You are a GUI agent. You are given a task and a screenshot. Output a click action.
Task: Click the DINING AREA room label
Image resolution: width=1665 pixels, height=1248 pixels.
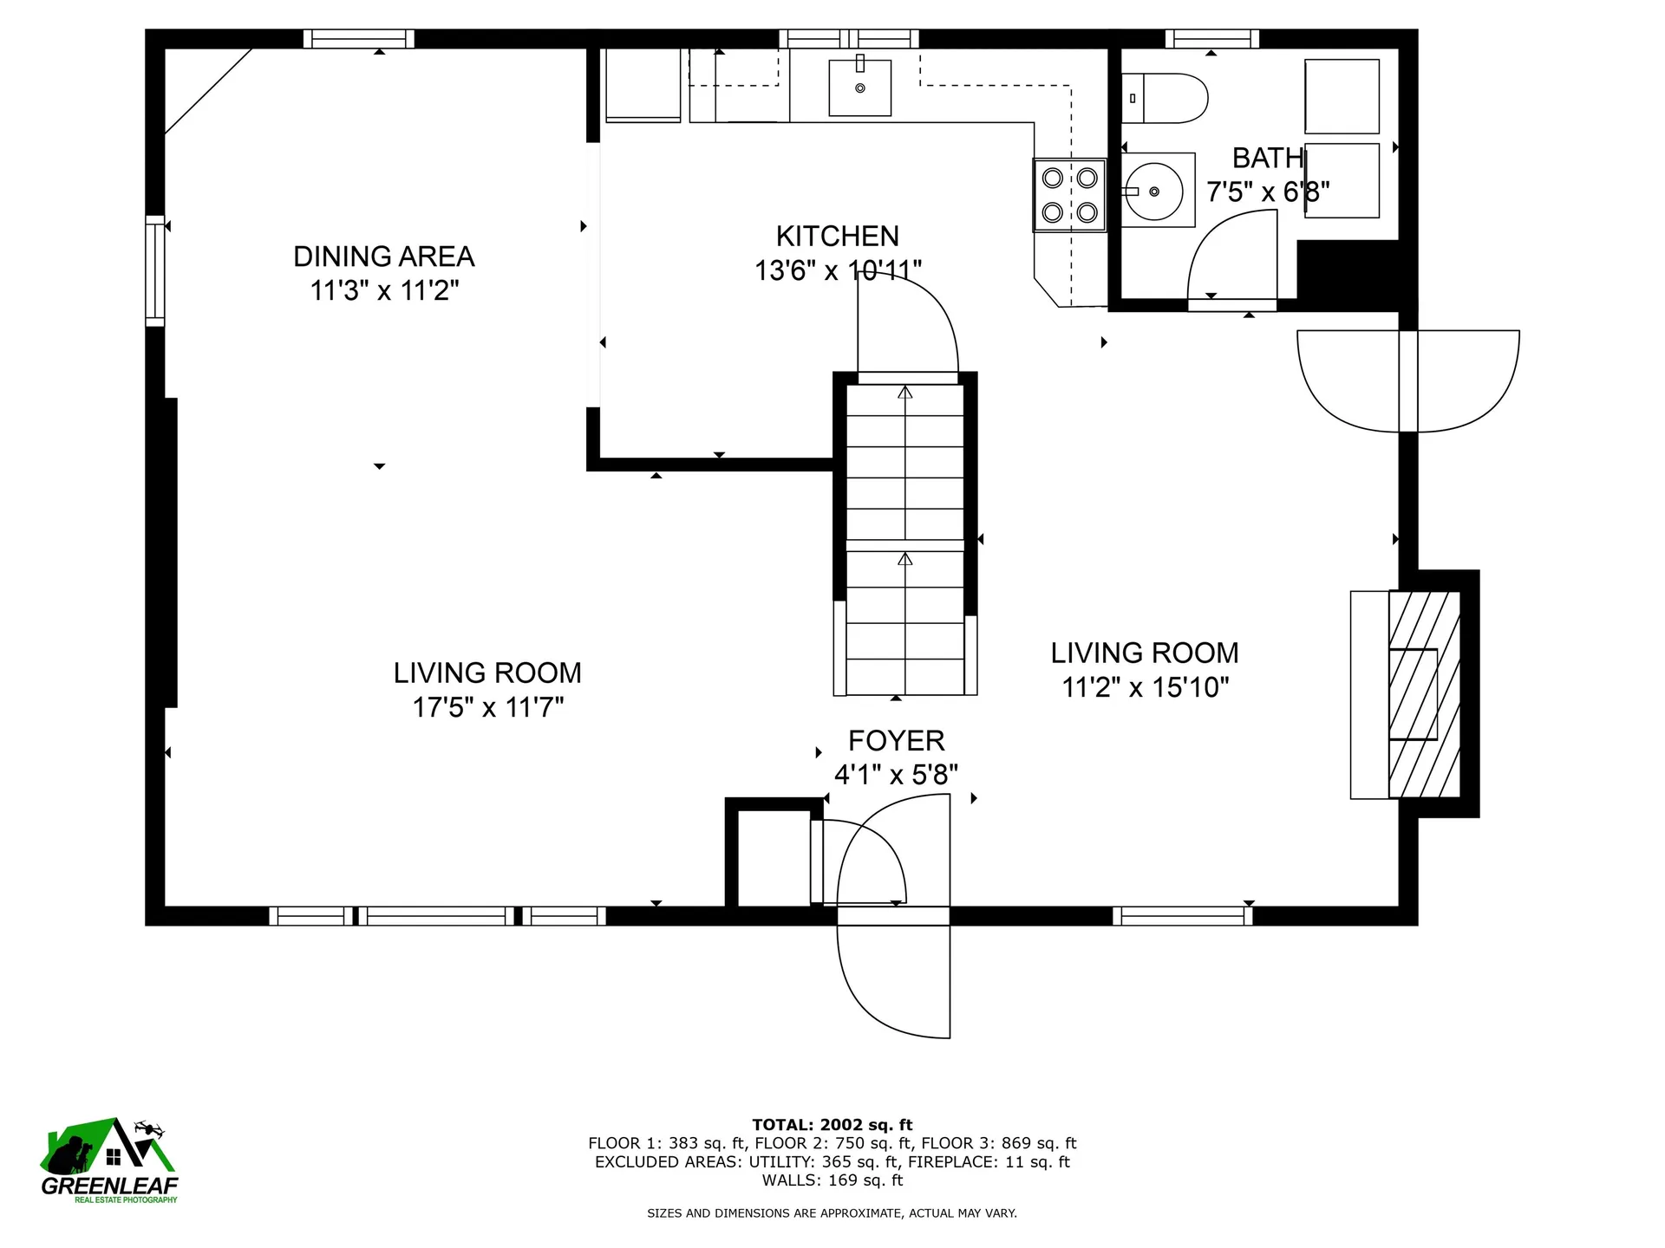coord(383,257)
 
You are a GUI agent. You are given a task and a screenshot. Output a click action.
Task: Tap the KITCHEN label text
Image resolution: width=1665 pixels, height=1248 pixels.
coord(837,236)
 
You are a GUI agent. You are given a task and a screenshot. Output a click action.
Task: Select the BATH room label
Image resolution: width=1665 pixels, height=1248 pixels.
coord(1268,158)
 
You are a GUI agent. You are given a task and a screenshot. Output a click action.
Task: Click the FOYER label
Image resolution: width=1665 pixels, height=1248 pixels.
coord(896,741)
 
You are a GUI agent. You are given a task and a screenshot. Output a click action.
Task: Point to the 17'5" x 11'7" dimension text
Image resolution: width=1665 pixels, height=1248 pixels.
coord(487,707)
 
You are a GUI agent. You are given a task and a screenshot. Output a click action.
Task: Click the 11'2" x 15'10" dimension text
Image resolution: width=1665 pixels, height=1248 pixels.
coord(1146,687)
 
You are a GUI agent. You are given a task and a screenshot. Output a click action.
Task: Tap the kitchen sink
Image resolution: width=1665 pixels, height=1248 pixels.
coord(859,87)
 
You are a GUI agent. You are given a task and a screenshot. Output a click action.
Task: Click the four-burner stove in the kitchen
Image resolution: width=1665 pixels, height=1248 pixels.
coord(1069,195)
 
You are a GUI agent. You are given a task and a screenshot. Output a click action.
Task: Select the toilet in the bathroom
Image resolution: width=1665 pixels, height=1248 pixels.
coord(1165,98)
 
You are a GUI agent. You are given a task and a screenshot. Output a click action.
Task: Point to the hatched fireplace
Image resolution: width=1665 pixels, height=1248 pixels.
coord(1424,694)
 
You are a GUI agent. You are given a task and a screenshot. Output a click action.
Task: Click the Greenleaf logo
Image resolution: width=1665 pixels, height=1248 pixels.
coord(109,1160)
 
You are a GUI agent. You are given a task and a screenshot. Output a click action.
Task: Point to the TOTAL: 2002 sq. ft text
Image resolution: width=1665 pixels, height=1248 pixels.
coord(832,1126)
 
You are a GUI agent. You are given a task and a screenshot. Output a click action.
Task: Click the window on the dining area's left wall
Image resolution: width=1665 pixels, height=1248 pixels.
coord(154,270)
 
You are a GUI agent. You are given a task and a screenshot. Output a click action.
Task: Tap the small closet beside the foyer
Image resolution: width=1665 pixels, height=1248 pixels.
coord(774,858)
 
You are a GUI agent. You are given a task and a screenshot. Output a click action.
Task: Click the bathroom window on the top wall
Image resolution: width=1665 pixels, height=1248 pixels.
coord(1211,38)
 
